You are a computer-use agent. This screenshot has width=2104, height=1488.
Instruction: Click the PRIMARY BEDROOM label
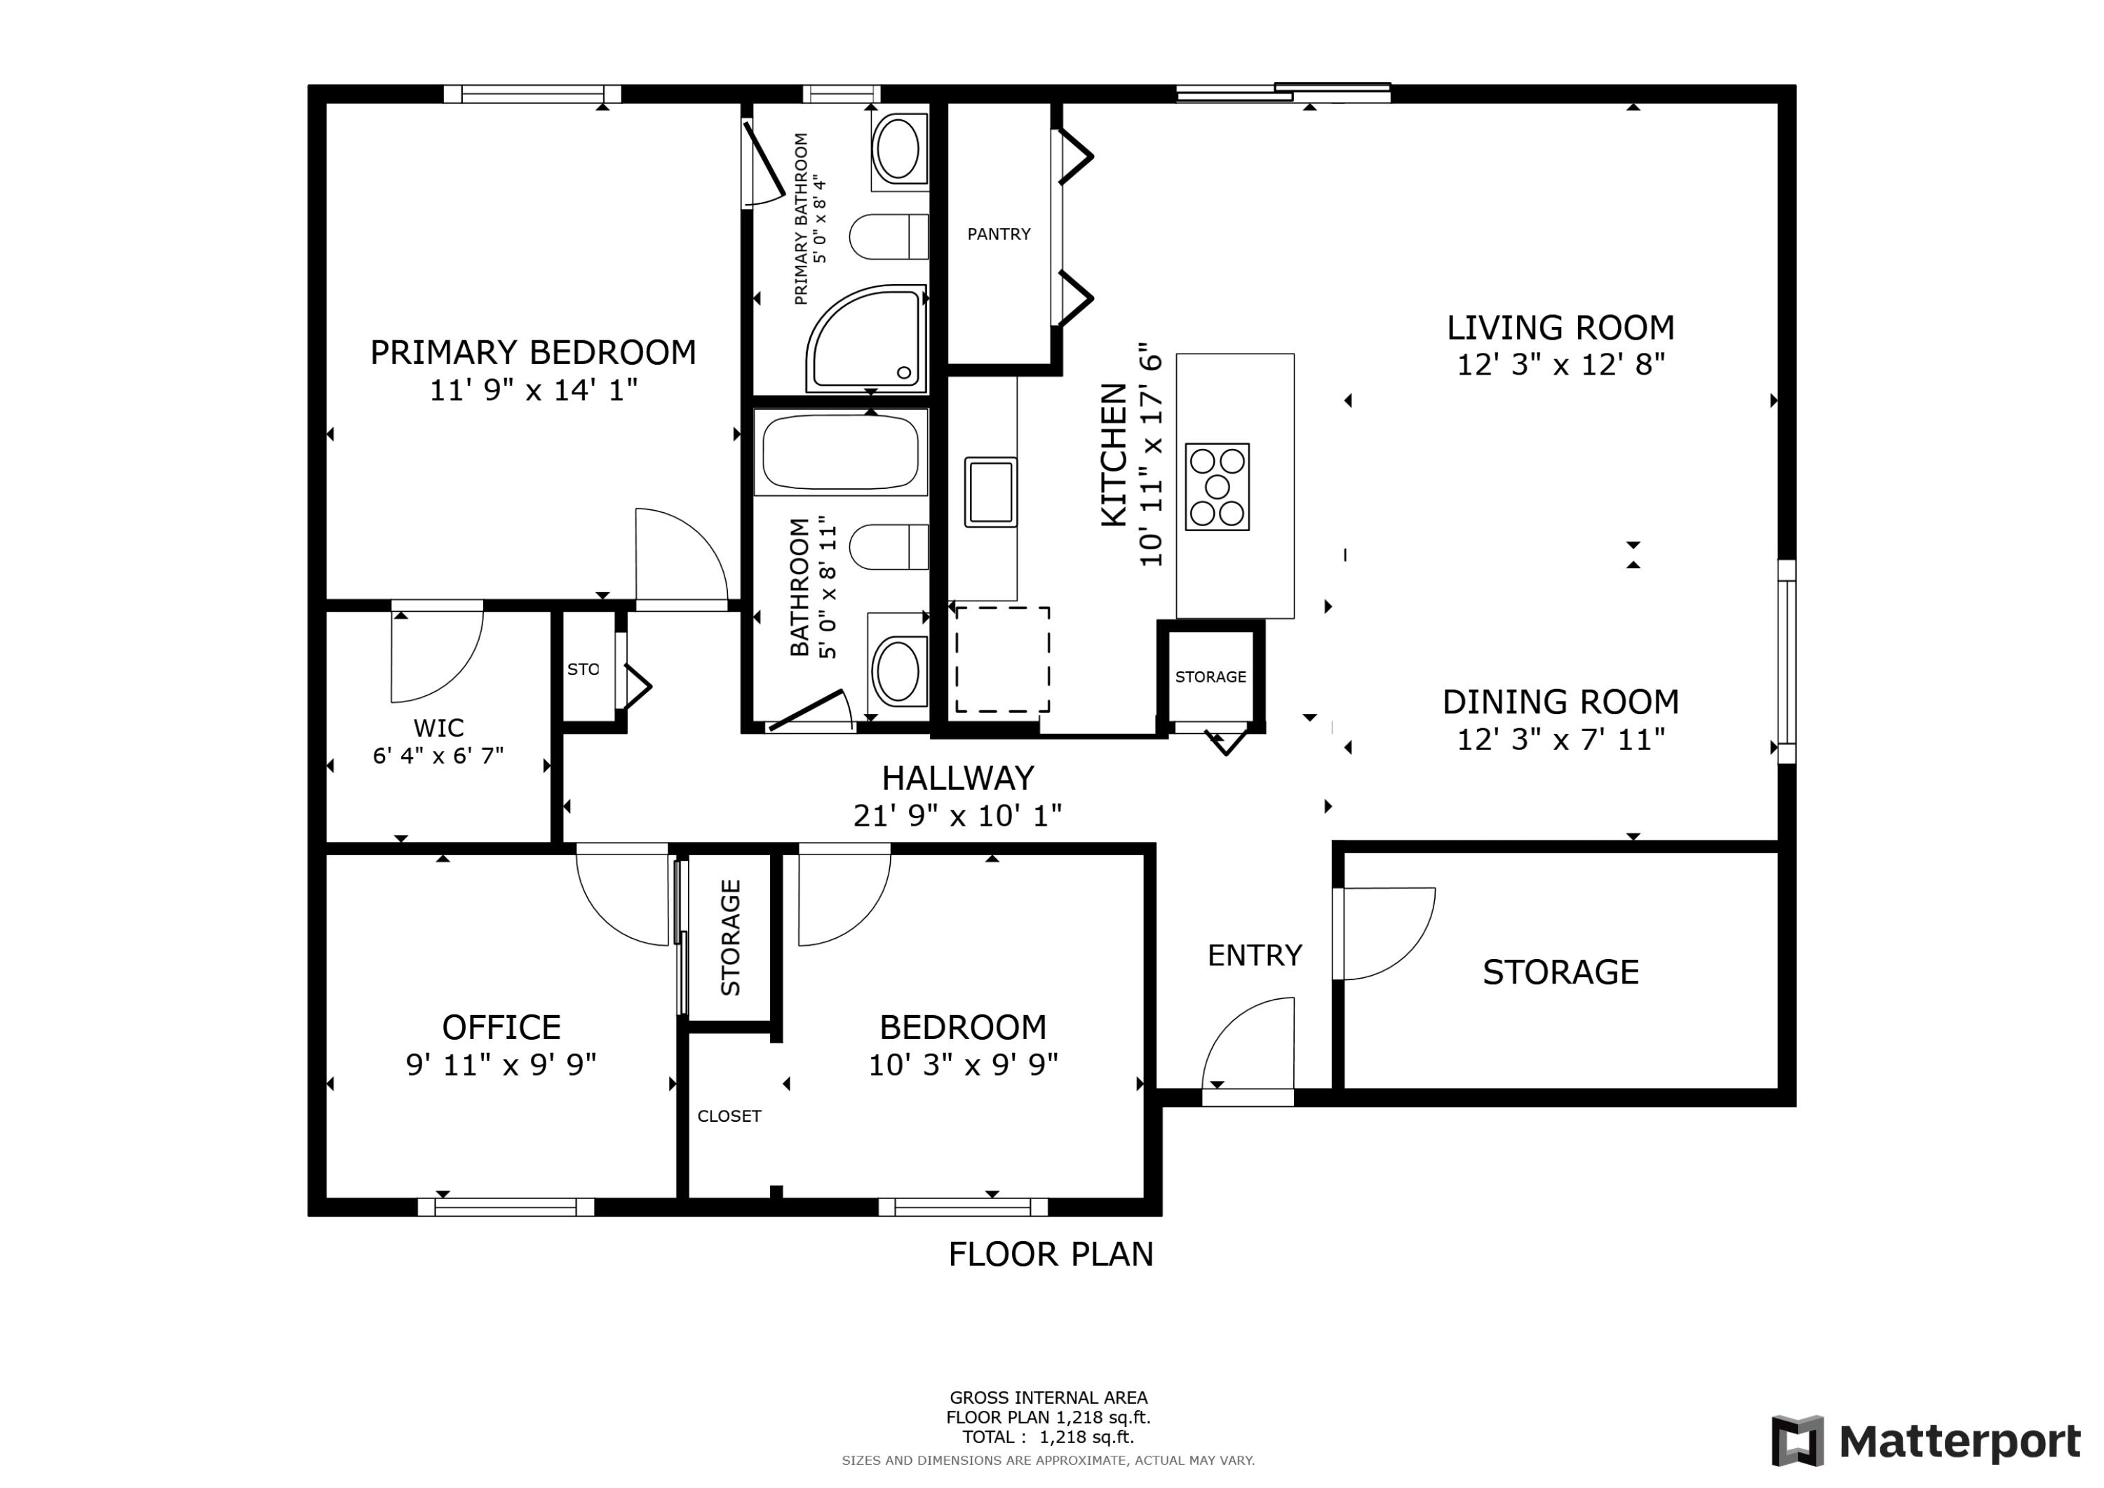click(532, 352)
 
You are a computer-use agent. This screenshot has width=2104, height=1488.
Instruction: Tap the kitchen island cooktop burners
click(1217, 487)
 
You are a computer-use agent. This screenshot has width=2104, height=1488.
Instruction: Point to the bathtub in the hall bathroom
click(840, 452)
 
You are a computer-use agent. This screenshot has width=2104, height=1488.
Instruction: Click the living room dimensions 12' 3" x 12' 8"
click(1560, 365)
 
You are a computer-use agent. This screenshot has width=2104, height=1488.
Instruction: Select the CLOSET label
click(729, 1115)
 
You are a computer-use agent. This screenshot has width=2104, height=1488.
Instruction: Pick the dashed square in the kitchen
click(1002, 659)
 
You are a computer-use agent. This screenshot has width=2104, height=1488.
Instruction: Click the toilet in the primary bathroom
click(889, 237)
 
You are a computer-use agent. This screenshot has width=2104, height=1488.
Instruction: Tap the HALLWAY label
click(957, 779)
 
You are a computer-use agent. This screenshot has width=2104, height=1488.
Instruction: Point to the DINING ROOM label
click(1560, 702)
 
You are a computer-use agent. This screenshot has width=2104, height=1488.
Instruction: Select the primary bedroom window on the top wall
click(532, 93)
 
